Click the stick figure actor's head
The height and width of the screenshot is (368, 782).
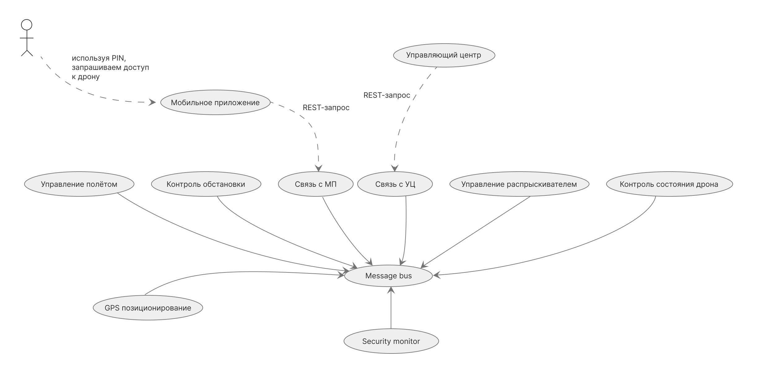pos(27,25)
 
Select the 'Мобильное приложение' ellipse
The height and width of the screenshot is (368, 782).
pos(215,102)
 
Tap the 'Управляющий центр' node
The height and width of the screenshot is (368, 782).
pos(444,55)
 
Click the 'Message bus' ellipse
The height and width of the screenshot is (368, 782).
pos(388,276)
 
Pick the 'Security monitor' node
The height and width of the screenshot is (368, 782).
pos(391,341)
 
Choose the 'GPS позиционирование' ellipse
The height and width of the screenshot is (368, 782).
pos(148,308)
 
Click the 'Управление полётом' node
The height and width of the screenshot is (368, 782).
pos(79,184)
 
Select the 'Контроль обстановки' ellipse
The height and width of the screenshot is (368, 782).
pos(206,184)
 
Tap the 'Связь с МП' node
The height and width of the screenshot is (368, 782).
pos(315,184)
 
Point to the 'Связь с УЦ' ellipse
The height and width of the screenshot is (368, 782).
pos(395,184)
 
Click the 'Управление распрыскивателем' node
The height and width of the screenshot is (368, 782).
pos(519,184)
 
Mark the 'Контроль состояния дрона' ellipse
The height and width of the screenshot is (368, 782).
pos(669,184)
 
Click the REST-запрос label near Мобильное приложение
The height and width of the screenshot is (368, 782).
pos(326,107)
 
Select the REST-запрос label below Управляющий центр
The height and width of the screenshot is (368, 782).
pos(386,95)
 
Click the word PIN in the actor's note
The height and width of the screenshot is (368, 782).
pos(118,58)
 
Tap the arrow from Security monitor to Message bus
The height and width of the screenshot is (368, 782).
pos(391,309)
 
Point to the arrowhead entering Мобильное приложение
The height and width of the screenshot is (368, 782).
pos(152,102)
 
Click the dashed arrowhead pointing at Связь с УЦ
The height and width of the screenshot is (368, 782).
pos(394,168)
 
